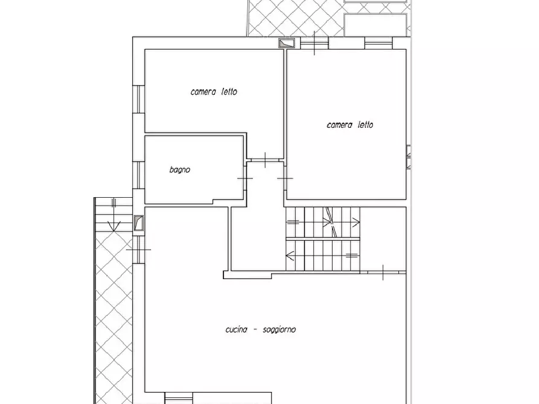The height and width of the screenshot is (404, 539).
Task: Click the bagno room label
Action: (x=180, y=169)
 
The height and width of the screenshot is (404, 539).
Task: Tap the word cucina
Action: (x=237, y=329)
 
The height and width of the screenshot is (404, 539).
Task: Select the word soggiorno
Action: (x=279, y=330)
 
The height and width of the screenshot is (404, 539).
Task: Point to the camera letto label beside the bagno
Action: (x=214, y=92)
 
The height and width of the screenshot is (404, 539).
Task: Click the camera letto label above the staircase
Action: (x=350, y=125)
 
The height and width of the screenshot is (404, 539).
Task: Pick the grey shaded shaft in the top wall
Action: (x=287, y=43)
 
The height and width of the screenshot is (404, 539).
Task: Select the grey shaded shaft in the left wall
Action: (x=139, y=223)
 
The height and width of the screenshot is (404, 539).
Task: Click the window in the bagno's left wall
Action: (x=139, y=175)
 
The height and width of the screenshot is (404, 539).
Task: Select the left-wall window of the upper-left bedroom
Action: (x=139, y=99)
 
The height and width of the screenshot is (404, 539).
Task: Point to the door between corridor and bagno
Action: (x=245, y=178)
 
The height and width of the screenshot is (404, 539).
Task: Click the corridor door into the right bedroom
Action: (x=285, y=178)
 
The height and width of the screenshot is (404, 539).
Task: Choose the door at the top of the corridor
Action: (x=266, y=160)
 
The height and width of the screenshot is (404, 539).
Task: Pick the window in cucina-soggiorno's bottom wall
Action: (x=179, y=398)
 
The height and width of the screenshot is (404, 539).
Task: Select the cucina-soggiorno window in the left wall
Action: (x=139, y=250)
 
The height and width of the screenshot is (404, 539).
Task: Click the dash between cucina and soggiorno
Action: (x=255, y=330)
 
